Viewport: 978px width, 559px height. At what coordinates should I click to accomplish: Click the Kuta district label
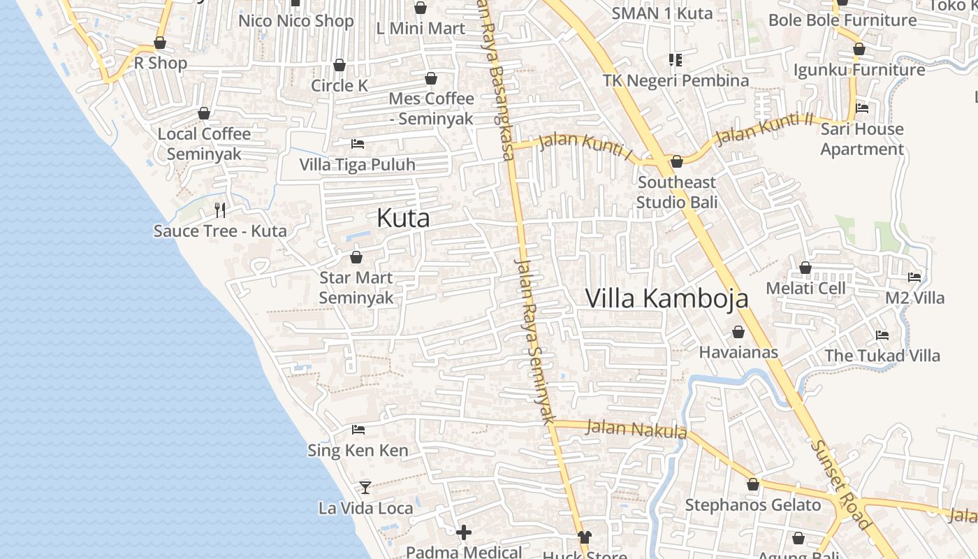[403, 218]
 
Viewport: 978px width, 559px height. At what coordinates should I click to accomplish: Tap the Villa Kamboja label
[666, 298]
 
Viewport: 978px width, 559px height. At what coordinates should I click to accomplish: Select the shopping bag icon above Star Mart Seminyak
[356, 257]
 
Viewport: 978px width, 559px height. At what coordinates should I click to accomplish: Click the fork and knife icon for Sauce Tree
[220, 210]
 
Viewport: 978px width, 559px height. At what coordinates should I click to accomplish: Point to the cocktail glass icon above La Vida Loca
[365, 487]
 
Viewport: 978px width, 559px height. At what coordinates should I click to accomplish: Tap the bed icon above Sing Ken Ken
[358, 429]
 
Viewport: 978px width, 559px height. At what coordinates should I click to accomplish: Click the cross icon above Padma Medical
[464, 532]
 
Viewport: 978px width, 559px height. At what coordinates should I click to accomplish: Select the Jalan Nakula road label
[636, 428]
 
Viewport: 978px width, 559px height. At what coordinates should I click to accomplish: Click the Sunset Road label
[842, 484]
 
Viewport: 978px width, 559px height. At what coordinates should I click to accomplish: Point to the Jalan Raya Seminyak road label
[534, 341]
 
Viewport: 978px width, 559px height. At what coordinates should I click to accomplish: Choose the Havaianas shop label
[738, 352]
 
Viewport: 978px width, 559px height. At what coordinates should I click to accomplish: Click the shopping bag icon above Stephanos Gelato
[753, 484]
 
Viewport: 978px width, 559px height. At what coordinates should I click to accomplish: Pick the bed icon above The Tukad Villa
[882, 335]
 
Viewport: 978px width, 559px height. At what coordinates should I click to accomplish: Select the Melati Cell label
[805, 288]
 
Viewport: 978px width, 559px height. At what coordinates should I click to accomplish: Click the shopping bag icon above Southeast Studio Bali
[676, 162]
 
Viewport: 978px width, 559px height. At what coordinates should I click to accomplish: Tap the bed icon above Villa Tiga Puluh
[358, 144]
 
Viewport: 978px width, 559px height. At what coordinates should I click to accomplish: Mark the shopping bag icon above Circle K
[340, 65]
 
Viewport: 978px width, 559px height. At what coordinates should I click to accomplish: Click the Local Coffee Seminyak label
[204, 143]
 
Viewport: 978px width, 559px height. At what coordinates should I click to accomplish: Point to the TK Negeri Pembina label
[676, 80]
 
